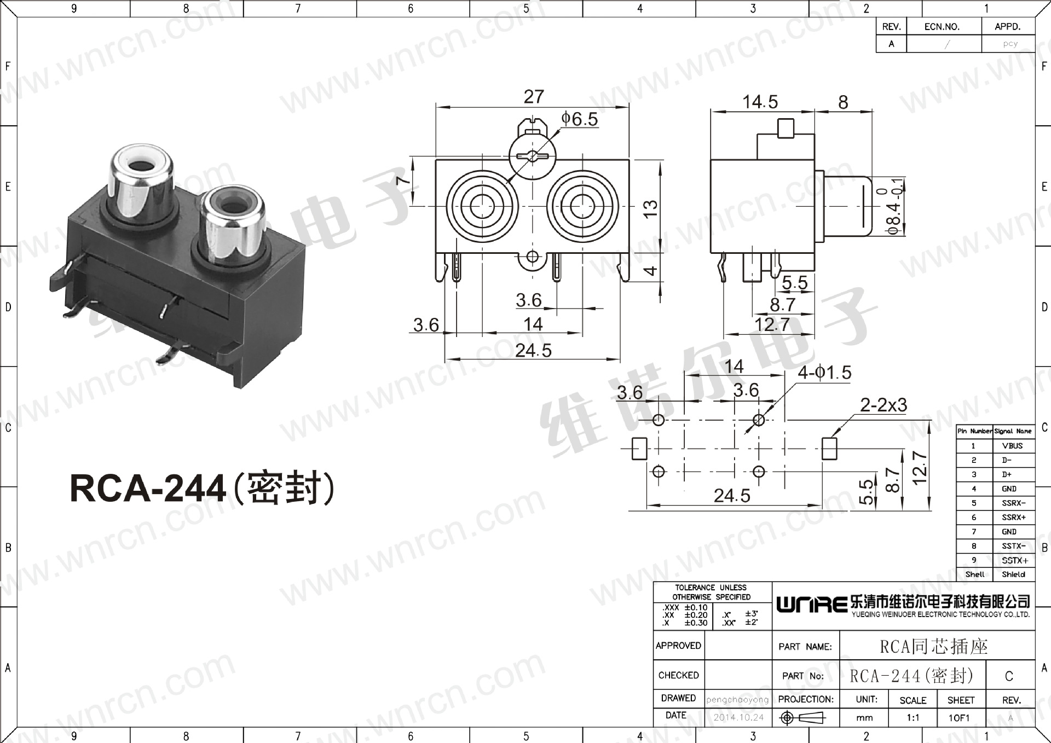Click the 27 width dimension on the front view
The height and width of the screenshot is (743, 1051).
click(x=534, y=97)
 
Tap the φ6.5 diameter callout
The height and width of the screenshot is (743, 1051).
click(x=580, y=119)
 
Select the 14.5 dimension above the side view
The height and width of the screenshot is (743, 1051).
click(x=760, y=102)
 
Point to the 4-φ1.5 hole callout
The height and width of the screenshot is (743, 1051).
click(x=824, y=373)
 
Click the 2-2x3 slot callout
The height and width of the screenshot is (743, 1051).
click(x=883, y=405)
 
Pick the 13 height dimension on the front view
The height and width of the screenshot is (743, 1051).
click(x=650, y=208)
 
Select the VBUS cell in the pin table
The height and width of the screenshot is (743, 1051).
click(x=1013, y=446)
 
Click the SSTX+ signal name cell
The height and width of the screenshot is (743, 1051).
click(x=1014, y=560)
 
